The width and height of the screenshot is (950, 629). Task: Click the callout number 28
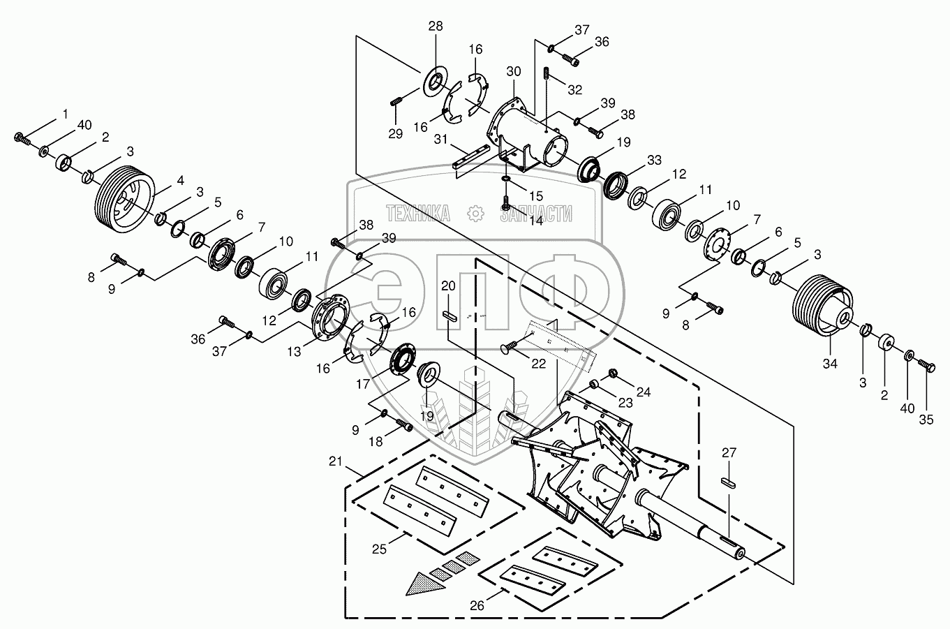point(435,27)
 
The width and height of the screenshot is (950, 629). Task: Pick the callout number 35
point(926,420)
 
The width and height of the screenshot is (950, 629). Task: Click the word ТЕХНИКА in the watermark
point(417,214)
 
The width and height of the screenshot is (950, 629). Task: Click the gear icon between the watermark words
point(475,214)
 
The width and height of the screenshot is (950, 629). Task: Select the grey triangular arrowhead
point(424,584)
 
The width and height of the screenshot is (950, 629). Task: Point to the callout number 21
point(335,461)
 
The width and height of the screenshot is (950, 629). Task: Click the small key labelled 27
point(728,483)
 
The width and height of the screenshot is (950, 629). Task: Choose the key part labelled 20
point(448,316)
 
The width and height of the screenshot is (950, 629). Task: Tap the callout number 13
point(294,352)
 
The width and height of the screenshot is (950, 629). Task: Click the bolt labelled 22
point(509,348)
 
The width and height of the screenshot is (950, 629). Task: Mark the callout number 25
point(379,549)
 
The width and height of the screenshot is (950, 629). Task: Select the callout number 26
point(477,606)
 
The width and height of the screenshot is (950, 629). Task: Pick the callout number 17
point(363,384)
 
